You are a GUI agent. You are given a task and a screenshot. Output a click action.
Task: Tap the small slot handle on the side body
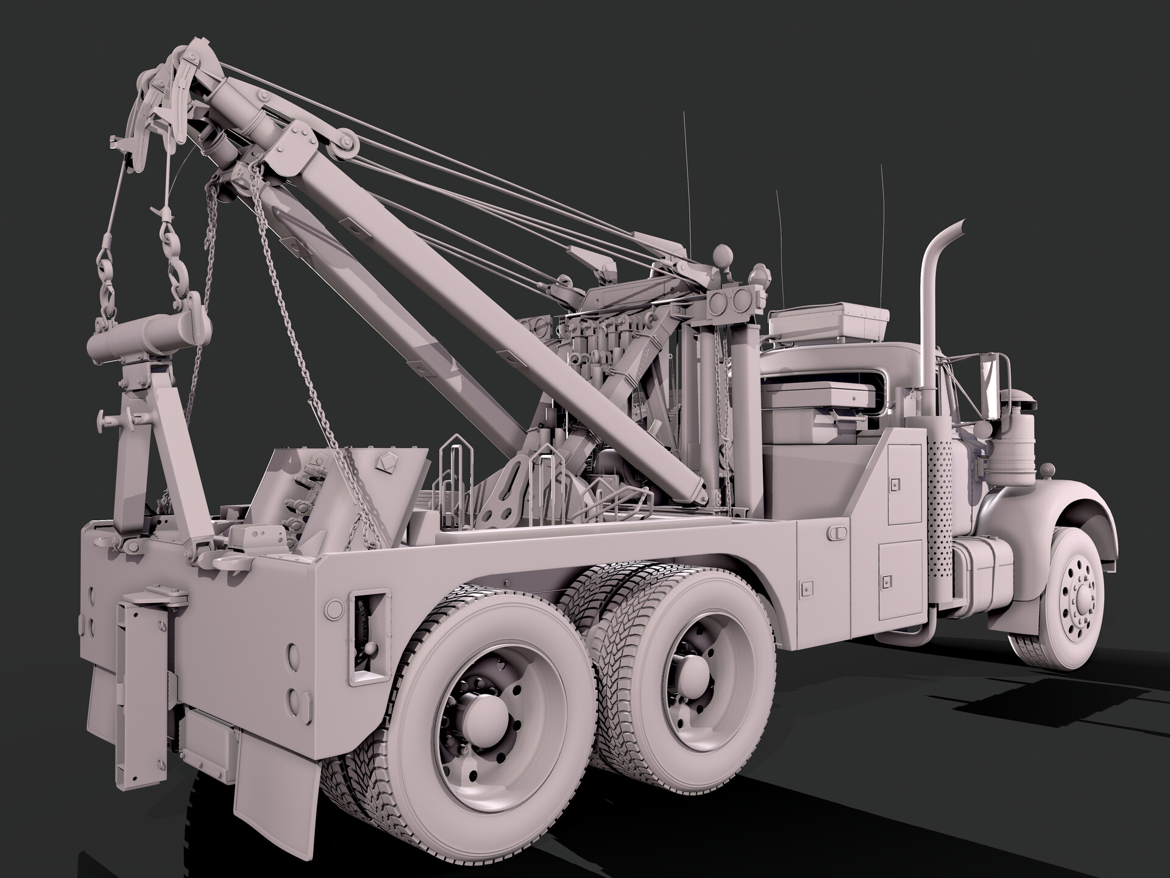point(839,532)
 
